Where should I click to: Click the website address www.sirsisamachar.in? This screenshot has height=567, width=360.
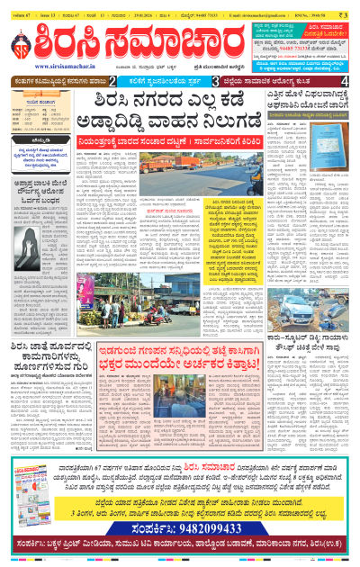(44, 66)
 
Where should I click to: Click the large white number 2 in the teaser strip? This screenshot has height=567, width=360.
(138, 81)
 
